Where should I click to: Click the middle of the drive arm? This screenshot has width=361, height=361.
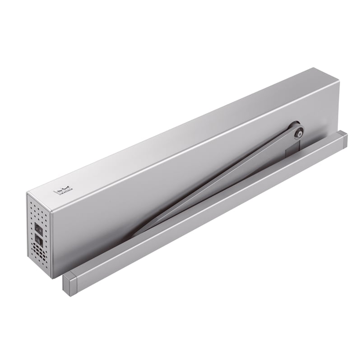217,180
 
